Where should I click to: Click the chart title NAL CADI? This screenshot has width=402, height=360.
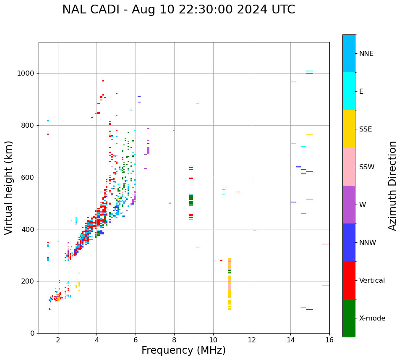pyautogui.click(x=178, y=10)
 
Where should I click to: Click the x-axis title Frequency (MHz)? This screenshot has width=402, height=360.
pyautogui.click(x=183, y=350)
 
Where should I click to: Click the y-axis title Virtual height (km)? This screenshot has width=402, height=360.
pyautogui.click(x=9, y=188)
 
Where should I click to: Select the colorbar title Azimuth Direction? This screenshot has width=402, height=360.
pyautogui.click(x=392, y=186)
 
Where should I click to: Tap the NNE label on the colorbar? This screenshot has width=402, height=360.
pyautogui.click(x=366, y=54)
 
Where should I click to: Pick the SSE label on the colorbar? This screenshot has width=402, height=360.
pyautogui.click(x=365, y=129)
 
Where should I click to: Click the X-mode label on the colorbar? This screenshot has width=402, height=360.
pyautogui.click(x=372, y=318)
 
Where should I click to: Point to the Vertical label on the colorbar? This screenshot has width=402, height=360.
pyautogui.click(x=372, y=281)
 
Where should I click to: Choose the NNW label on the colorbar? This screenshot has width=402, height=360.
pyautogui.click(x=368, y=243)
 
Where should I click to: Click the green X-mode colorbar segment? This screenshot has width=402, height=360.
pyautogui.click(x=349, y=318)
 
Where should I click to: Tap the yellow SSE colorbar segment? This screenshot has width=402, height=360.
pyautogui.click(x=349, y=129)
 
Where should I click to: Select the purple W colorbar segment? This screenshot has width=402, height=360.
pyautogui.click(x=349, y=205)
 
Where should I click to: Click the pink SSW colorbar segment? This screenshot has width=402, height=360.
pyautogui.click(x=349, y=167)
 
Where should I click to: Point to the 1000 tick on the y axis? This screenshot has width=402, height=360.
pyautogui.click(x=27, y=74)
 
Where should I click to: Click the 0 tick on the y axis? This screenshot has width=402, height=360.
pyautogui.click(x=32, y=334)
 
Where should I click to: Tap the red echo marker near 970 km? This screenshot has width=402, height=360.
pyautogui.click(x=103, y=81)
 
